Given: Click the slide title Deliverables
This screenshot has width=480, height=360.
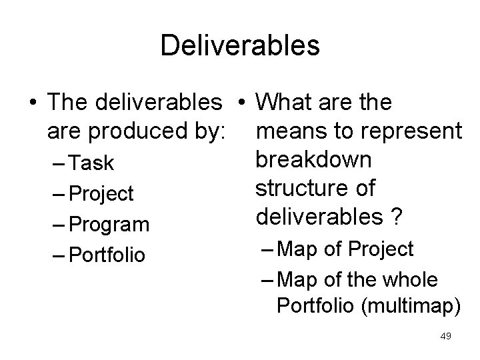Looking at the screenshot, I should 240,45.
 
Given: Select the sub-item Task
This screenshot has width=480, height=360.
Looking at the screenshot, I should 91,163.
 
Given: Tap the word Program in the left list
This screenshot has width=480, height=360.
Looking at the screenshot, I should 109,225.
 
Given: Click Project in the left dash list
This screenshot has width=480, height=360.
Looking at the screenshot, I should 101,194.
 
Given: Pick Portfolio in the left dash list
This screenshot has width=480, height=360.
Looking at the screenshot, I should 107,255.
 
